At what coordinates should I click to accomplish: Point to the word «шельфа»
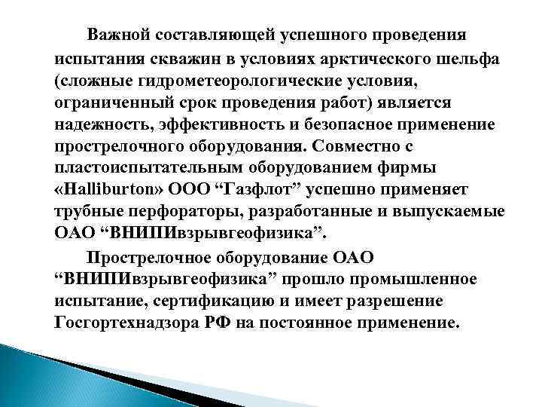[x=456, y=59]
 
